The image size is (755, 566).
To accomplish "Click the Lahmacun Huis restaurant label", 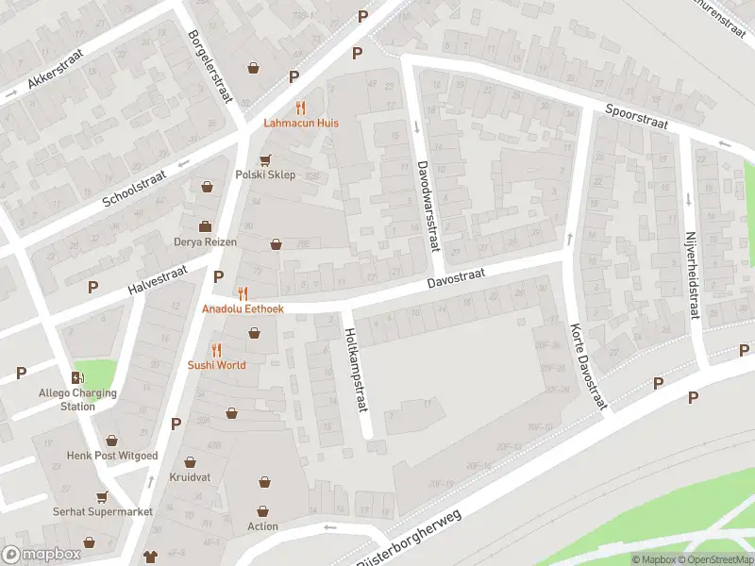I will point(301,123).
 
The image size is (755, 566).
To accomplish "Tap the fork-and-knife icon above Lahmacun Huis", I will point(301,107).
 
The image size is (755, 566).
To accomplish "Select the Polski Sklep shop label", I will point(265,175).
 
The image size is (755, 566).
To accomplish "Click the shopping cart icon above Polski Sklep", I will point(265,158).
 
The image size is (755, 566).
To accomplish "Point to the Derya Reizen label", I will point(205,242).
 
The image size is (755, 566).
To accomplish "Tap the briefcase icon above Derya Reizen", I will point(205,226).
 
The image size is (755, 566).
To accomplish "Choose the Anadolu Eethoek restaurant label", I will point(243,308).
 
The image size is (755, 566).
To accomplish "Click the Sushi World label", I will point(216,365).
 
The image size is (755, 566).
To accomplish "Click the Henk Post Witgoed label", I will point(112,456).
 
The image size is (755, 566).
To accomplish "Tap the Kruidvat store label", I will point(191,478).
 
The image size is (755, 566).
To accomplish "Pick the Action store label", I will point(263,526).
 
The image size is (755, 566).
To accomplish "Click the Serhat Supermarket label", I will point(102,511).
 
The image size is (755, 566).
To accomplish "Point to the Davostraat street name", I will point(456,275).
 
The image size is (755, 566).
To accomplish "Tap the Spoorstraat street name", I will point(637,123).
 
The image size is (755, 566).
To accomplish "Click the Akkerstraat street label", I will point(56,68).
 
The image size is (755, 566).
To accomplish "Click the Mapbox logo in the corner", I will point(42,555).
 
